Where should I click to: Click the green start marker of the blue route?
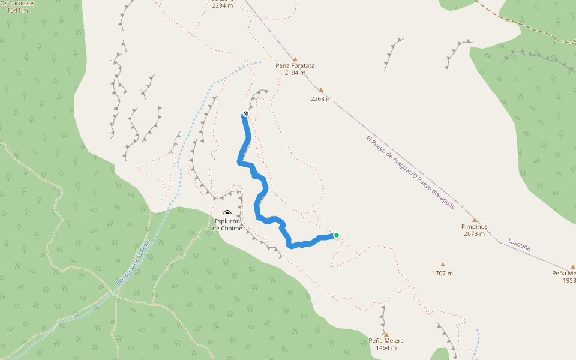337,235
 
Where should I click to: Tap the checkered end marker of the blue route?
246,113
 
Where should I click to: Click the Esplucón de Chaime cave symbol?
227,214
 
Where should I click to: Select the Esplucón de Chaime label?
227,224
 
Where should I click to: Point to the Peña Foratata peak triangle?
295,58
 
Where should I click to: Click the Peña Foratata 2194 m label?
295,69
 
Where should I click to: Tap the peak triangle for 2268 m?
321,91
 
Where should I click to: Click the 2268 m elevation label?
322,99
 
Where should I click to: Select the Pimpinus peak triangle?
474,220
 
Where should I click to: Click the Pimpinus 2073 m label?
474,230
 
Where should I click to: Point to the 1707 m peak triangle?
443,265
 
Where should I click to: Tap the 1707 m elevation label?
442,274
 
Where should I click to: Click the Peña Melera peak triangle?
386,334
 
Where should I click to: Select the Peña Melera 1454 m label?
386,344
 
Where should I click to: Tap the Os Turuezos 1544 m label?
17,7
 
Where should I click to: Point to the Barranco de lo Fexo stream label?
133,267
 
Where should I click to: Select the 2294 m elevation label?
222,5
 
